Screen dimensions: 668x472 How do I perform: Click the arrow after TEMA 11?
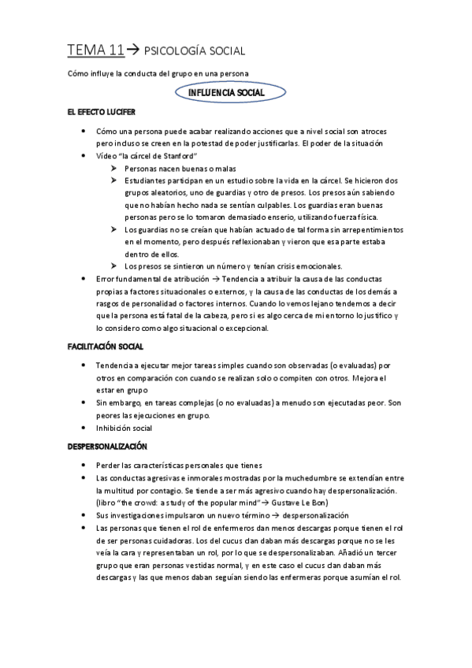(132, 51)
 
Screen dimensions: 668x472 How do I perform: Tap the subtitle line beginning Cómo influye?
(158, 74)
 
